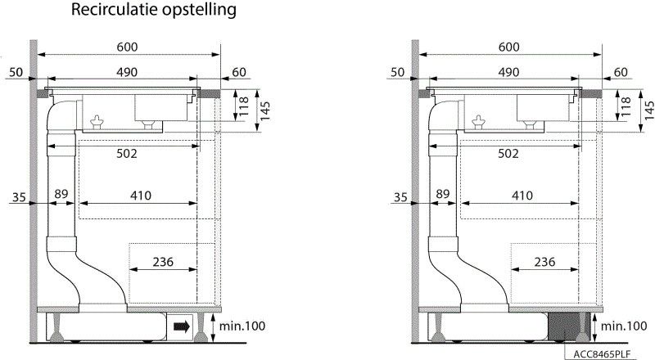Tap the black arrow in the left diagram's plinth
tap(182, 326)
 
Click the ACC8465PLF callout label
tap(602, 354)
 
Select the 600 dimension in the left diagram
tap(127, 47)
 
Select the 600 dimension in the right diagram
tap(508, 47)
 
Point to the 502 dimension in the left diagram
tap(127, 154)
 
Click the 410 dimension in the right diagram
tap(522, 196)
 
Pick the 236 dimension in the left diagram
tap(163, 262)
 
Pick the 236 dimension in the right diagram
tap(544, 262)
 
